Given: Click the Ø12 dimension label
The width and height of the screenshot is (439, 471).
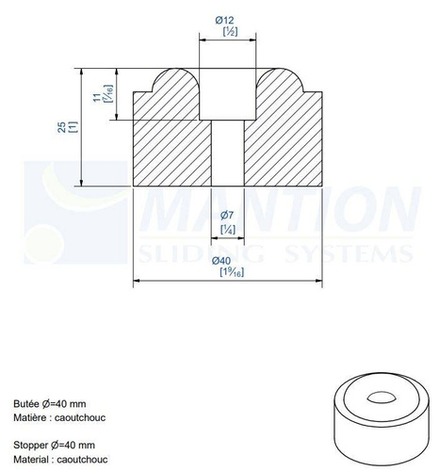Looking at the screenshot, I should [x=228, y=20].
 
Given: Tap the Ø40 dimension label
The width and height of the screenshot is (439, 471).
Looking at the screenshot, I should [x=227, y=261].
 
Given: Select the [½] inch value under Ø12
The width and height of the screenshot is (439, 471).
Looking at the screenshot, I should [x=228, y=32].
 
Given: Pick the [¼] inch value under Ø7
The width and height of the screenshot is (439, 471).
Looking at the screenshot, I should [x=227, y=230].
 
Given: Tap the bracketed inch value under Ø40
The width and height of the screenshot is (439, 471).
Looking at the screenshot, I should [x=227, y=273].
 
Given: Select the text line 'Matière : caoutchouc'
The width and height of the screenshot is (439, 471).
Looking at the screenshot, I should [x=61, y=415].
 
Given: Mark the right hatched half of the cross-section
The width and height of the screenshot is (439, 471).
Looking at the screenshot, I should [x=283, y=141].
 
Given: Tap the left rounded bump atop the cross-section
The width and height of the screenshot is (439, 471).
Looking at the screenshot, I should [x=174, y=80].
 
